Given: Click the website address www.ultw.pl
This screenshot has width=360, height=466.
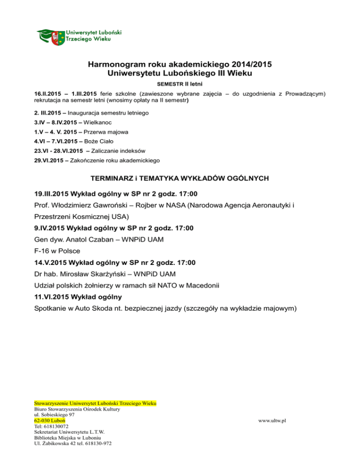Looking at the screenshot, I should point(272,421).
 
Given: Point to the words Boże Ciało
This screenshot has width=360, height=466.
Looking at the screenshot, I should point(98,142).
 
